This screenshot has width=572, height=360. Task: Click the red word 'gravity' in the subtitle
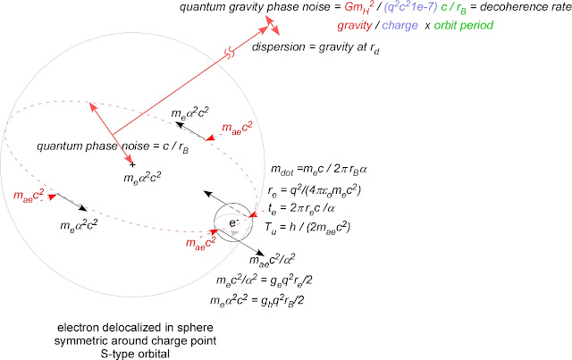pos(354,26)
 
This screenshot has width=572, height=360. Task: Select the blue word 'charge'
pos(400,26)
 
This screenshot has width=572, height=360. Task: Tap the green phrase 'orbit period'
pos(463,26)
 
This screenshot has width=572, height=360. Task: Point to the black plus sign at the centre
pos(132,165)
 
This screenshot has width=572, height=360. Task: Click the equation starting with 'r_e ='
pos(314,190)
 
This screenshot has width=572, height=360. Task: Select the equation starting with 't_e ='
pos(301,208)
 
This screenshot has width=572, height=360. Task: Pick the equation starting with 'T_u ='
pos(307,227)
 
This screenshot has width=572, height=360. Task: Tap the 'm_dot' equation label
pos(318,170)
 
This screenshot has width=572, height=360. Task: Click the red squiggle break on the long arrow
pos(230,54)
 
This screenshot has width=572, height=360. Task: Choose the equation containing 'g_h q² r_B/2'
pos(257,300)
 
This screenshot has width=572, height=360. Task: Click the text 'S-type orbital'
pos(135,354)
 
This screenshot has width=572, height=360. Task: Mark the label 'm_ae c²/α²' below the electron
pos(272,259)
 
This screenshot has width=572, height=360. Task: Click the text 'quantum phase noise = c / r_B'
pos(113,147)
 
